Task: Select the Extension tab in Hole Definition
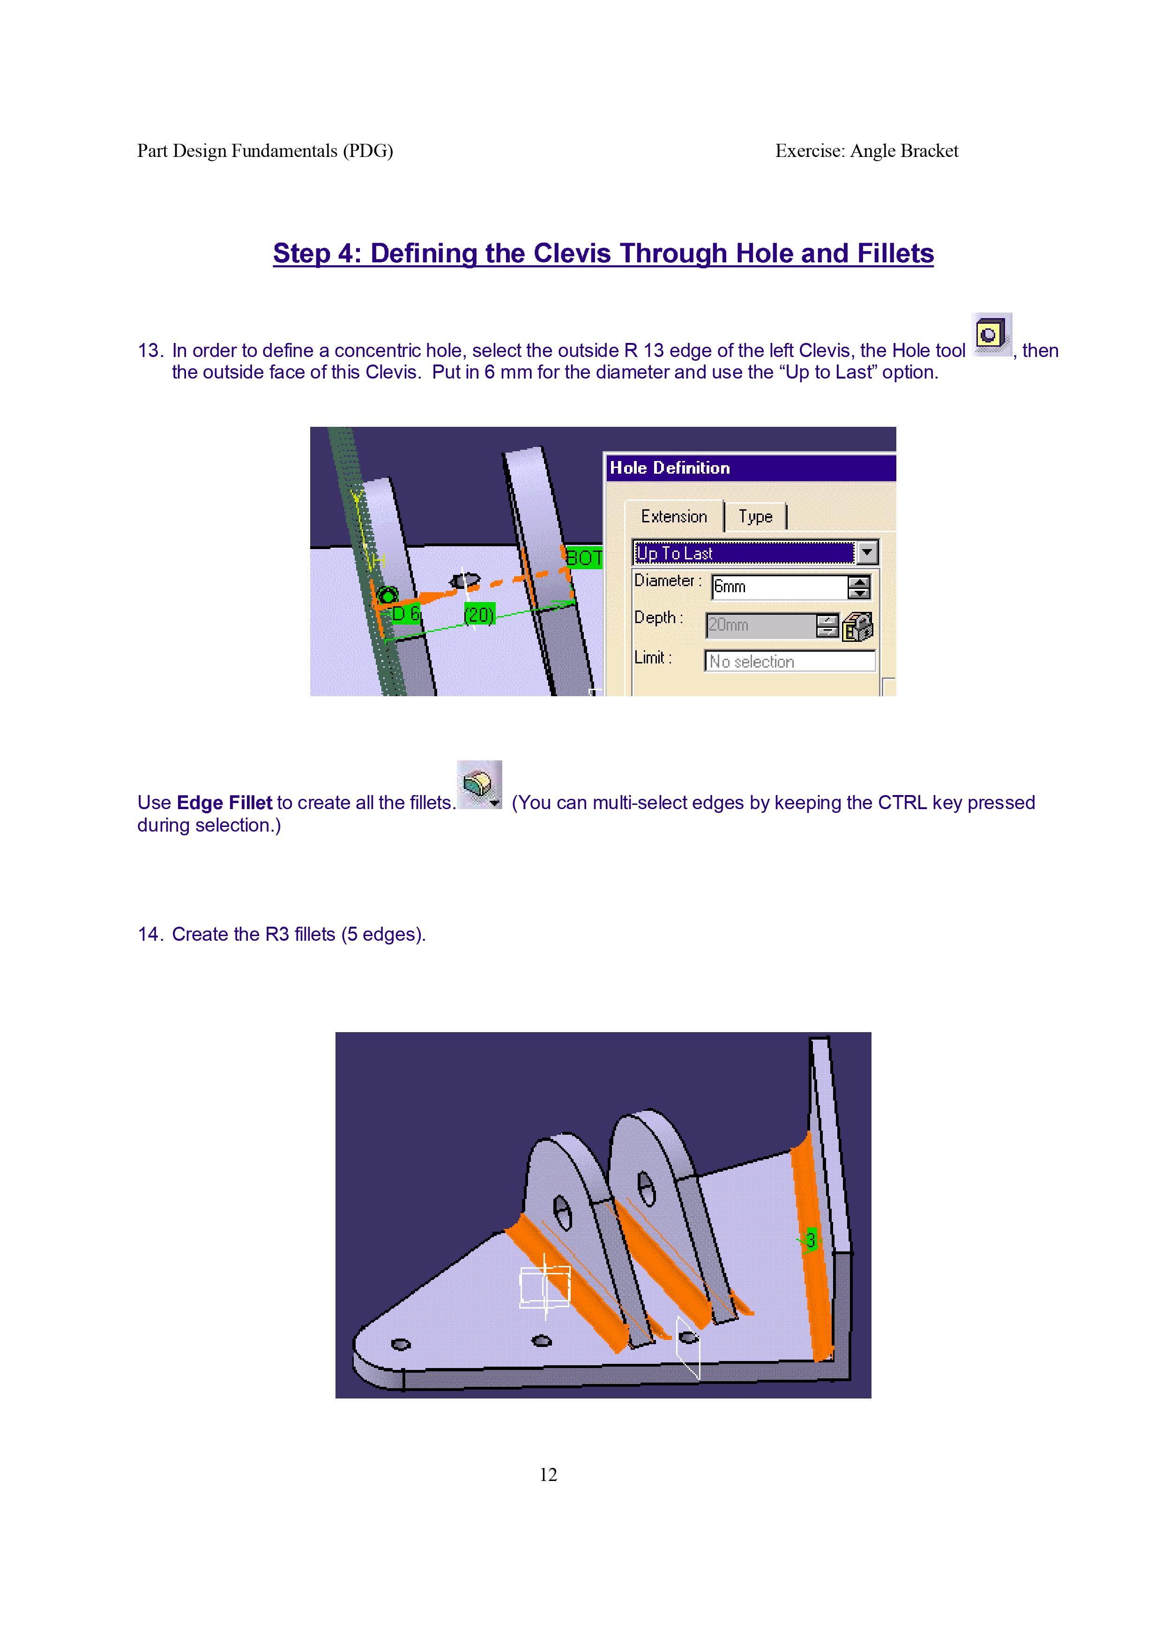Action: tap(674, 516)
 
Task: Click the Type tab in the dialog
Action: tap(755, 516)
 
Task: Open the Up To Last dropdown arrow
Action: tap(867, 552)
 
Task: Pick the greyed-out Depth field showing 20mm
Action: tap(761, 625)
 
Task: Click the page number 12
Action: tap(548, 1474)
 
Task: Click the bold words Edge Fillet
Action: tap(224, 803)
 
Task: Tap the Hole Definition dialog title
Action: tap(670, 468)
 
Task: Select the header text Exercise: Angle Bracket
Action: tap(866, 151)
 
